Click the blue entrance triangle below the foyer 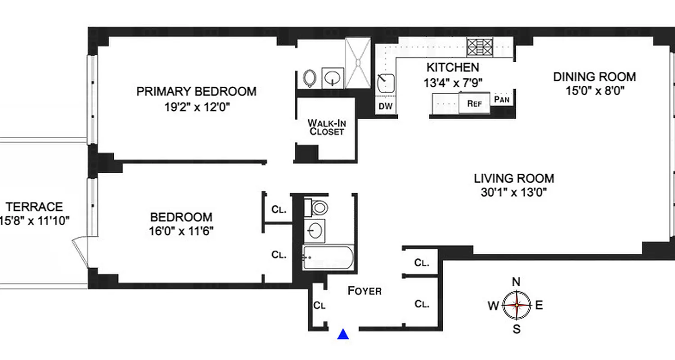click(343, 334)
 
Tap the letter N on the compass click(517, 282)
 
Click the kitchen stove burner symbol click(480, 46)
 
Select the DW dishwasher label click(386, 107)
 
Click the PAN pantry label click(502, 99)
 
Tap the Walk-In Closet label click(326, 127)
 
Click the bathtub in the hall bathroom click(328, 258)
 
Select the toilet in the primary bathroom click(310, 78)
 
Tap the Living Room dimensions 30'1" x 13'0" click(513, 193)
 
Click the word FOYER click(364, 291)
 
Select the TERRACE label click(34, 207)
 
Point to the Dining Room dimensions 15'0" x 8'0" click(594, 90)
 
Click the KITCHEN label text click(452, 68)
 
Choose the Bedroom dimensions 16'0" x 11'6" click(181, 231)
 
